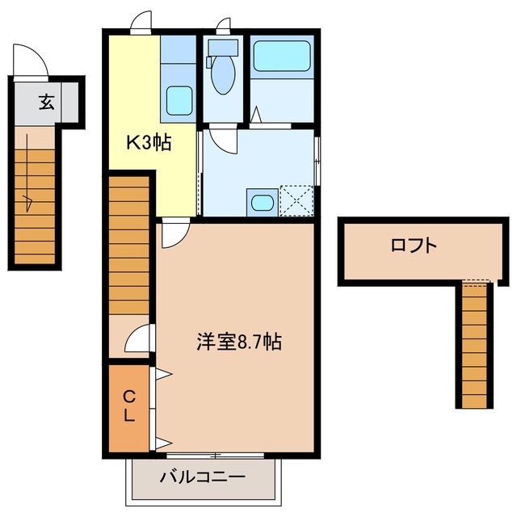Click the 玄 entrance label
[47, 103]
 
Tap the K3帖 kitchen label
[147, 143]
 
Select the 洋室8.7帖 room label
[238, 342]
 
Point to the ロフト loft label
[414, 246]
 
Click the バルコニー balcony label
[202, 477]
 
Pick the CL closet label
[129, 407]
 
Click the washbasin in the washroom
[261, 202]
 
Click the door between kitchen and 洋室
[172, 234]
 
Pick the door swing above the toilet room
[222, 24]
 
